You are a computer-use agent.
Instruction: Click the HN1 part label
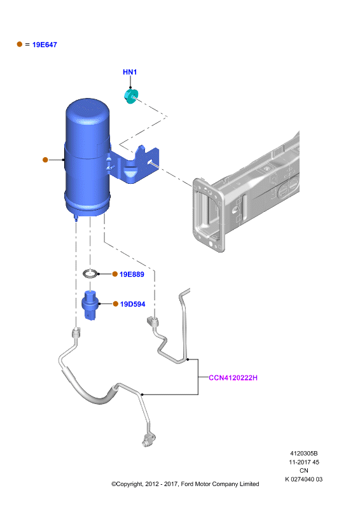(x=130, y=72)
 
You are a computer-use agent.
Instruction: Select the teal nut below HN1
(x=131, y=97)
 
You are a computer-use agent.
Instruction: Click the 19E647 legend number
(x=45, y=45)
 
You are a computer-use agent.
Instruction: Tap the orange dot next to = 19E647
(x=20, y=44)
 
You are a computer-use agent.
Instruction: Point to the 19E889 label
(x=132, y=274)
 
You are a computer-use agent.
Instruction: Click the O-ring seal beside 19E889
(x=90, y=274)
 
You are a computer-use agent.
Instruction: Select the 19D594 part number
(x=133, y=304)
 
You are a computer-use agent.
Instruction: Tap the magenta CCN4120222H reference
(x=233, y=378)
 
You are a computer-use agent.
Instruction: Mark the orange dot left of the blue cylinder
(x=45, y=160)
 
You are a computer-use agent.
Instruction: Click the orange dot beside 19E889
(x=115, y=274)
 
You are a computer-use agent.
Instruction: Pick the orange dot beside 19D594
(x=116, y=304)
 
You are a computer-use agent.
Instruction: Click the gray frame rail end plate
(x=208, y=214)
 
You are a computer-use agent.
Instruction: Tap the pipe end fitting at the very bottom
(x=148, y=440)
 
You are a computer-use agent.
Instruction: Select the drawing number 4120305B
(x=304, y=454)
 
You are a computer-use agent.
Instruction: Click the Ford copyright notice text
(x=185, y=484)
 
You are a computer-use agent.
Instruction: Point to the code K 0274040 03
(x=304, y=479)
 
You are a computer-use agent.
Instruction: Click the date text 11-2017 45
(x=304, y=462)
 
